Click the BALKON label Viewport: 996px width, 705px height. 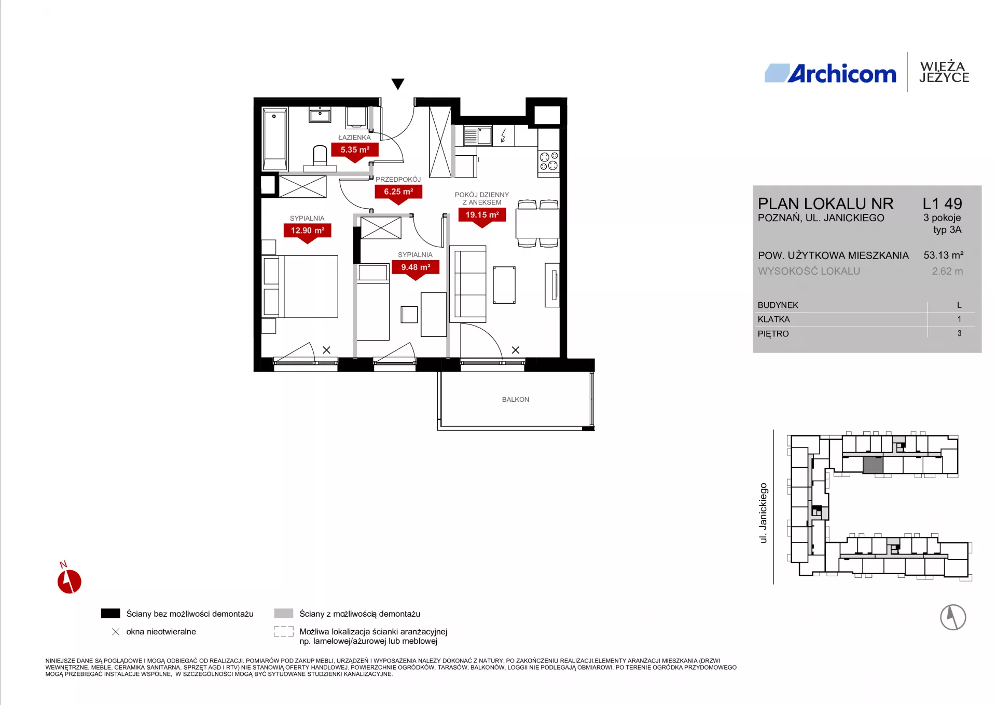pos(516,399)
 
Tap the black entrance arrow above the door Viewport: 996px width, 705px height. pos(398,84)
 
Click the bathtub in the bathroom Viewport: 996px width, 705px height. pos(275,139)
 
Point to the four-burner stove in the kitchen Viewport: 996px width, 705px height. pos(549,161)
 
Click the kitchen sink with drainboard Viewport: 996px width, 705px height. pos(477,136)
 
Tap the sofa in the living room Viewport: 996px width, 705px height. pos(471,283)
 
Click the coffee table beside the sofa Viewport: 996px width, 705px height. pos(504,284)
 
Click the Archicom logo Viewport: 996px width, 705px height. pos(831,74)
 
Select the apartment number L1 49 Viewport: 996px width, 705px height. pos(942,204)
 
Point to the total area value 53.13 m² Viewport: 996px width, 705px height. pos(944,255)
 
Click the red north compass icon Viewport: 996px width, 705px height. pos(69,580)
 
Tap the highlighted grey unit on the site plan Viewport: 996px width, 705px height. pos(873,465)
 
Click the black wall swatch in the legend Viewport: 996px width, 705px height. pos(110,614)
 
